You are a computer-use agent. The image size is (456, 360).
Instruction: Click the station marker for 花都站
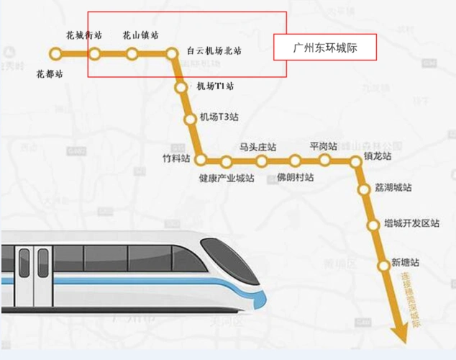click(x=55, y=53)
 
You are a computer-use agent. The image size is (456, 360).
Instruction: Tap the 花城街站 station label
click(x=84, y=35)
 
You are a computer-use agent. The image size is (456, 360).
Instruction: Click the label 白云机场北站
click(x=214, y=51)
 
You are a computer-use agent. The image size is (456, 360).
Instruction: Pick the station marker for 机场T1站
click(x=181, y=87)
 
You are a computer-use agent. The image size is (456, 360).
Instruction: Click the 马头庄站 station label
click(x=257, y=147)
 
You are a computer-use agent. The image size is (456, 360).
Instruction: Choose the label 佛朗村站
click(x=296, y=177)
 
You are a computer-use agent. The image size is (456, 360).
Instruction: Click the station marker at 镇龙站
click(x=356, y=162)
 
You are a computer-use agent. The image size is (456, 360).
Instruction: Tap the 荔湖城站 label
click(x=393, y=187)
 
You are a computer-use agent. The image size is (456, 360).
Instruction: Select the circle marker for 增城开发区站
click(x=373, y=225)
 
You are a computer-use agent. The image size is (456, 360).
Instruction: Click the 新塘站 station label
click(x=405, y=262)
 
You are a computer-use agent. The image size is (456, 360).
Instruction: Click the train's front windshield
click(x=224, y=260)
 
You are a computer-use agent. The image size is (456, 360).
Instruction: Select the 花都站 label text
click(x=49, y=73)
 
